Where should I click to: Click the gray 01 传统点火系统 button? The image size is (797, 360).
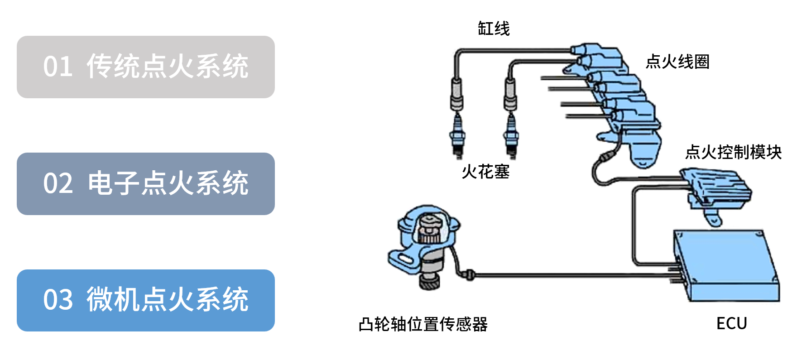[x=145, y=67]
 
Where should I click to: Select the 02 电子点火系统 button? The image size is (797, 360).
[x=145, y=184]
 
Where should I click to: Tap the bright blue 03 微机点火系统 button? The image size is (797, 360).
[x=145, y=300]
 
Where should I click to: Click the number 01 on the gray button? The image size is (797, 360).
[x=58, y=67]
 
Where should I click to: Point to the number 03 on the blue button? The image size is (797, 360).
[x=58, y=300]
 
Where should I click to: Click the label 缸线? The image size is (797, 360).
[x=494, y=29]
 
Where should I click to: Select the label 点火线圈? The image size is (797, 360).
[x=677, y=62]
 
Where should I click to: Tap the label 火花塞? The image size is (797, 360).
[x=485, y=172]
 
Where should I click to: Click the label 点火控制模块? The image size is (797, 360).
[x=734, y=152]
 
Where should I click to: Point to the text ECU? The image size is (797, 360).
[x=731, y=323]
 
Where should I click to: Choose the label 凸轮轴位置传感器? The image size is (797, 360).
[x=423, y=324]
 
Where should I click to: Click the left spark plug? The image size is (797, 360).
[x=457, y=136]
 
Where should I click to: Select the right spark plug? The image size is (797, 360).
[x=511, y=136]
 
